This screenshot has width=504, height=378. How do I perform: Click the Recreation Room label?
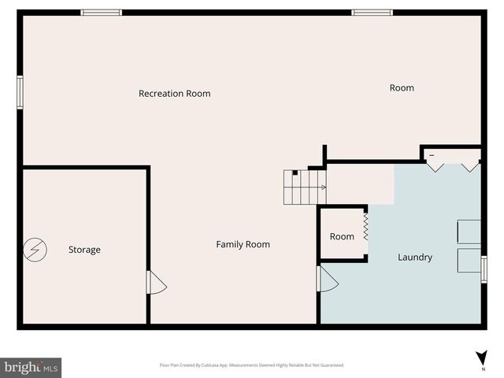tap(174, 94)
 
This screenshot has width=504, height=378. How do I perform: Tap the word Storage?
tap(84, 250)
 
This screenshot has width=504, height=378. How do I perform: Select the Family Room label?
tap(243, 245)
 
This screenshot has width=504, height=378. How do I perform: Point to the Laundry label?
tap(414, 258)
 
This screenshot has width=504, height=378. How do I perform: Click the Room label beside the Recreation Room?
tap(402, 88)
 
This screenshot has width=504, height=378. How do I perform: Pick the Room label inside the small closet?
tap(342, 237)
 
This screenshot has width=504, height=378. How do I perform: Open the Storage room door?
tap(156, 283)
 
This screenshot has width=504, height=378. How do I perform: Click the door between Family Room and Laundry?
tap(326, 278)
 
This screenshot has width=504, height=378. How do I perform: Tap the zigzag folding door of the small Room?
tap(366, 226)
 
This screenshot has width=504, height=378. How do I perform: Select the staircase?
tap(304, 187)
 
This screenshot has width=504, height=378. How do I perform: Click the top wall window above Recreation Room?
tap(102, 13)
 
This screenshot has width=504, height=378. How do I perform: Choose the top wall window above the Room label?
tap(372, 13)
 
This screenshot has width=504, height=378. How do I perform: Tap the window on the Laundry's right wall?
tap(484, 269)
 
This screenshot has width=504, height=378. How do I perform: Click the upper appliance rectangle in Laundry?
tap(469, 232)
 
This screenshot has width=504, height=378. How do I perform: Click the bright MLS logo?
tap(31, 367)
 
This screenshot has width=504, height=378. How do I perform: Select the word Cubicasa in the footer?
tap(212, 365)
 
